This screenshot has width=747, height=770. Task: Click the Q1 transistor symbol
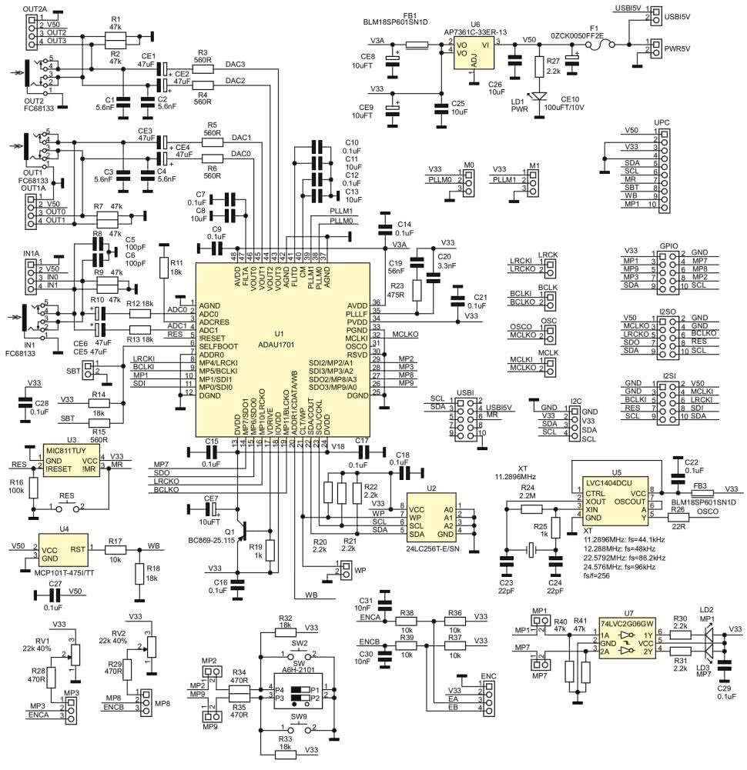245,530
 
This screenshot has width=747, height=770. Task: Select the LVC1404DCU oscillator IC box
615,498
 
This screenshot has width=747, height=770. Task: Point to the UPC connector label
662,123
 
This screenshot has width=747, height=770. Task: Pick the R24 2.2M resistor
528,508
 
